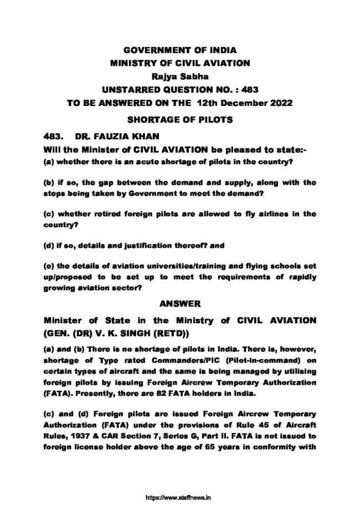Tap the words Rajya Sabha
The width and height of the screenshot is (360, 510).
[180, 76]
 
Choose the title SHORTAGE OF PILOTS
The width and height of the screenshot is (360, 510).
[180, 119]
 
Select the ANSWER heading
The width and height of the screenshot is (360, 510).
[180, 304]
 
